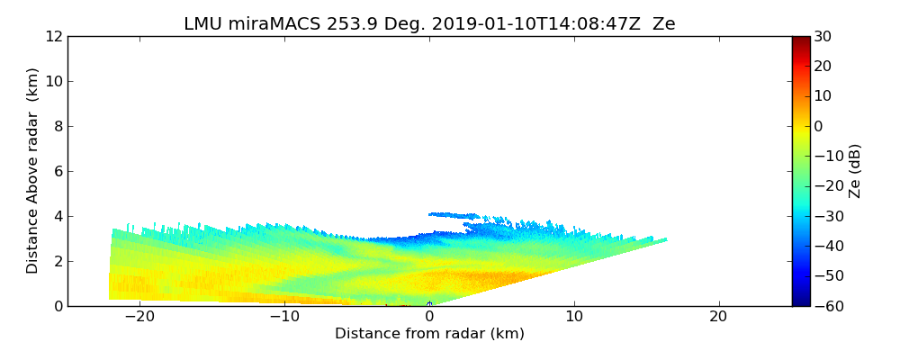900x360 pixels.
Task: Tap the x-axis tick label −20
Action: pyautogui.click(x=139, y=318)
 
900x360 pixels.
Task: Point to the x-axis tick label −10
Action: pyautogui.click(x=284, y=318)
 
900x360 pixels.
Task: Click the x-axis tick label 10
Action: pyautogui.click(x=573, y=318)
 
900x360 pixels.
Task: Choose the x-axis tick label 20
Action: pyautogui.click(x=718, y=318)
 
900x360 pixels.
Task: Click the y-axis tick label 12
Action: pyautogui.click(x=53, y=37)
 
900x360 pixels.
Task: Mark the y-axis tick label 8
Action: pyautogui.click(x=57, y=127)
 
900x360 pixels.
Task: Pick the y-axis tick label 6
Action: pyautogui.click(x=57, y=172)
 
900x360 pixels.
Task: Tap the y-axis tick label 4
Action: pyautogui.click(x=57, y=217)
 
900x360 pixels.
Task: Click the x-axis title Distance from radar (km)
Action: pyautogui.click(x=429, y=334)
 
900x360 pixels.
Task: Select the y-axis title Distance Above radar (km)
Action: pyautogui.click(x=33, y=171)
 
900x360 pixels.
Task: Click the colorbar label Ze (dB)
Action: pyautogui.click(x=855, y=171)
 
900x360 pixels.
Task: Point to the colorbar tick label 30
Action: pyautogui.click(x=822, y=37)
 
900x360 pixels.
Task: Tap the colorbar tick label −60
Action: pyautogui.click(x=824, y=306)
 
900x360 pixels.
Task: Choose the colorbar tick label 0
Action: pyautogui.click(x=818, y=127)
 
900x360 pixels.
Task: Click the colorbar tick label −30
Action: pyautogui.click(x=824, y=217)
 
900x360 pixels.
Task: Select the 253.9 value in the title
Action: pyautogui.click(x=354, y=24)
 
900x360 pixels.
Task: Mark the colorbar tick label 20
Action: pyautogui.click(x=822, y=67)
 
